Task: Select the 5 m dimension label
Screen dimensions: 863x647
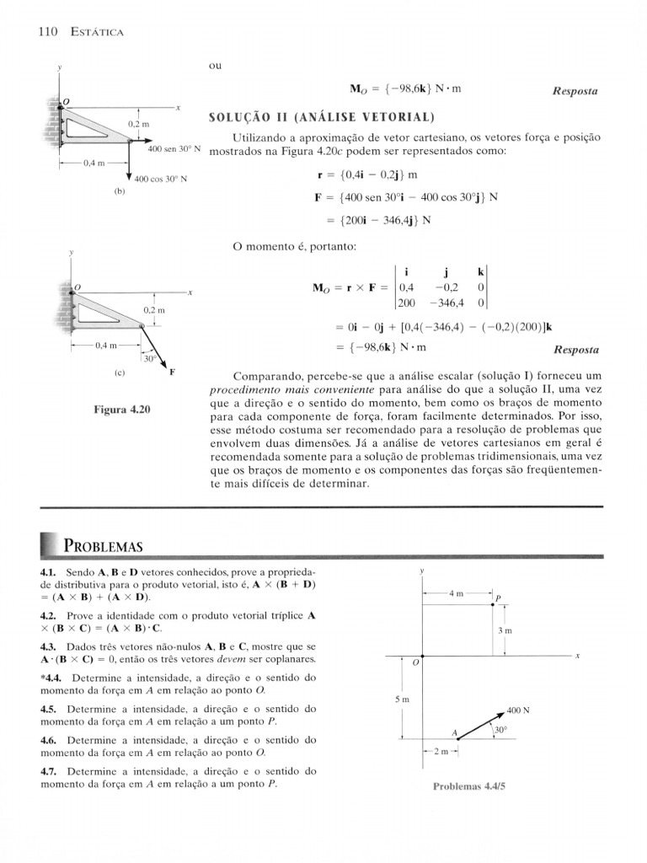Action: click(401, 700)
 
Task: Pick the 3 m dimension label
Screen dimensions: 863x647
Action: click(505, 630)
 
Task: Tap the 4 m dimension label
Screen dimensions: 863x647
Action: click(456, 593)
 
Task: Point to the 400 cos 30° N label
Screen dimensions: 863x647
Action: click(160, 180)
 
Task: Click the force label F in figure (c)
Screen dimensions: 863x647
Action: click(173, 371)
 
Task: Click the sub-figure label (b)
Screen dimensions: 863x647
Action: click(119, 192)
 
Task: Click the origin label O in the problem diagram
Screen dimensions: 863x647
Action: click(414, 663)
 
